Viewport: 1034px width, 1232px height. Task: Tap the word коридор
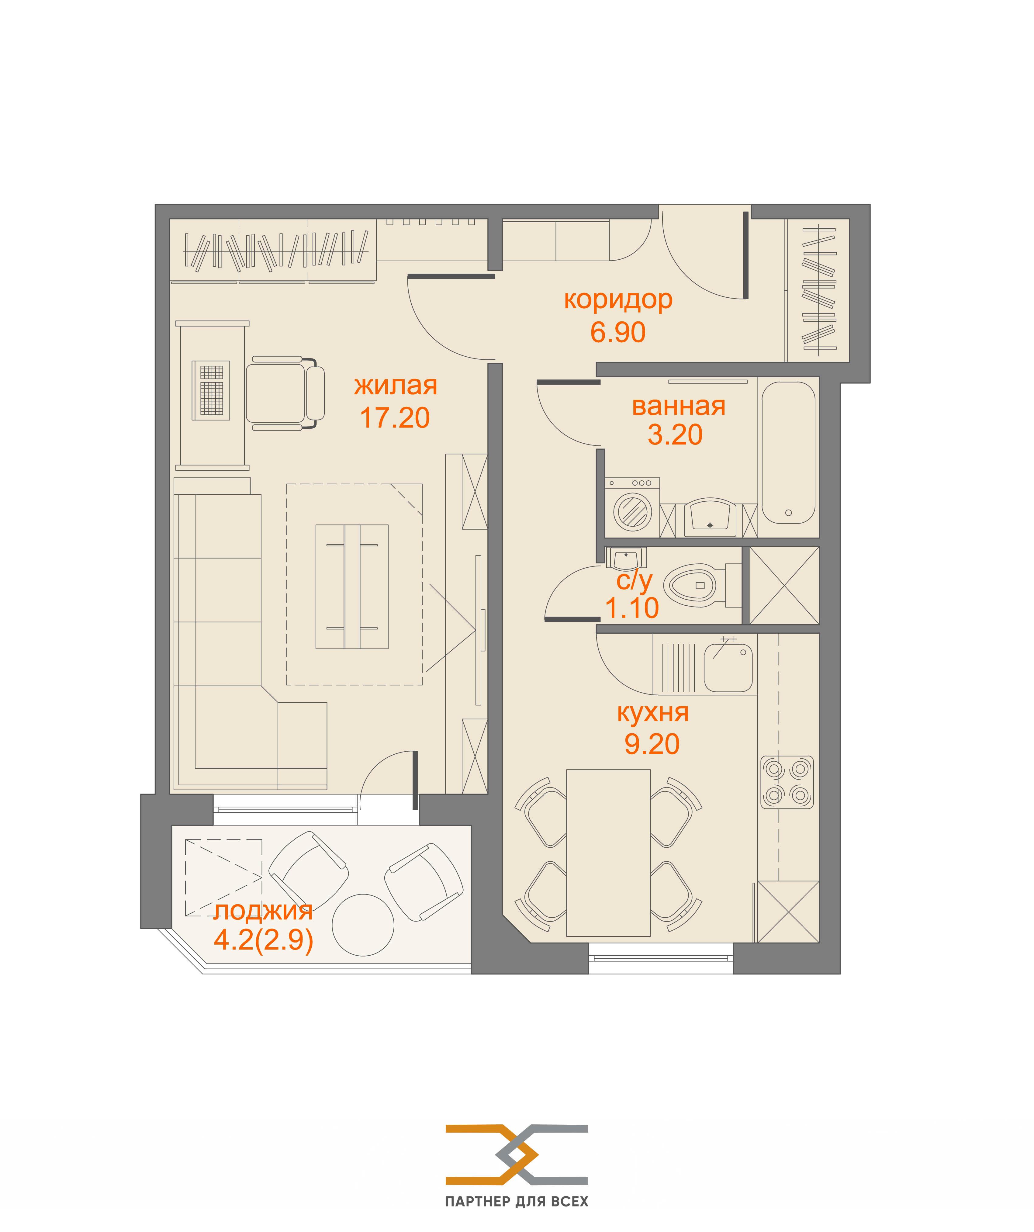pos(618,300)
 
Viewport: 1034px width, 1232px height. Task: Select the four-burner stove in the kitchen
pos(787,783)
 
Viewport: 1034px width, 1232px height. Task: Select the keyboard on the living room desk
pos(211,389)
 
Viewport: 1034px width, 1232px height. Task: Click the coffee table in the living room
pos(352,587)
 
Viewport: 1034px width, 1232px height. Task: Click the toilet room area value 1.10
pos(632,608)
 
